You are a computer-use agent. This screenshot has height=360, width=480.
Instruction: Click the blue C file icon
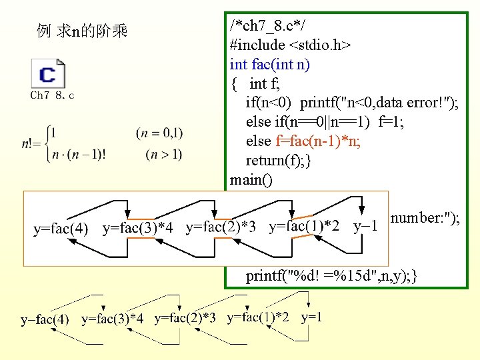[48, 73]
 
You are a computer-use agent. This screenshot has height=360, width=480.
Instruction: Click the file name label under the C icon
[52, 95]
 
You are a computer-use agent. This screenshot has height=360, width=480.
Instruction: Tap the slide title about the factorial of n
[83, 31]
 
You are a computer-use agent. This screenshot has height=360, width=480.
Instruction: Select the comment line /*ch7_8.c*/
[267, 26]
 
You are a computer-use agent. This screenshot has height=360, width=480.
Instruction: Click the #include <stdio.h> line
[291, 45]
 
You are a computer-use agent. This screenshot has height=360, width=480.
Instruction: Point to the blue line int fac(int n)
[269, 65]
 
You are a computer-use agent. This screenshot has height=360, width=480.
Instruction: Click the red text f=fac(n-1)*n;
[317, 141]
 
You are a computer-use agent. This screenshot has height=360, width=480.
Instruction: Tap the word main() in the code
[251, 180]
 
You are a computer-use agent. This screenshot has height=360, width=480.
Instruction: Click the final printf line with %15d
[332, 275]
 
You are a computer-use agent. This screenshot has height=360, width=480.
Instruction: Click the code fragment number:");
[425, 219]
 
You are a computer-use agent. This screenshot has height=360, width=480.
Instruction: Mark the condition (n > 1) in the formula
[163, 155]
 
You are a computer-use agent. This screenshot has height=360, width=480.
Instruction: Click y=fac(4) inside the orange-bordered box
[61, 229]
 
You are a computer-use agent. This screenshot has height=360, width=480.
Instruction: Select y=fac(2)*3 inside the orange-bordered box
[221, 227]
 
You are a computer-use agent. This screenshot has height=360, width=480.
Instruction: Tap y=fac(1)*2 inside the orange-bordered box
[303, 227]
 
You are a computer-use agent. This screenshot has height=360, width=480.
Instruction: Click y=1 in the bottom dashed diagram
[312, 317]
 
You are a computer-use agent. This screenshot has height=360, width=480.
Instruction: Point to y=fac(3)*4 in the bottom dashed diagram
[112, 319]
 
